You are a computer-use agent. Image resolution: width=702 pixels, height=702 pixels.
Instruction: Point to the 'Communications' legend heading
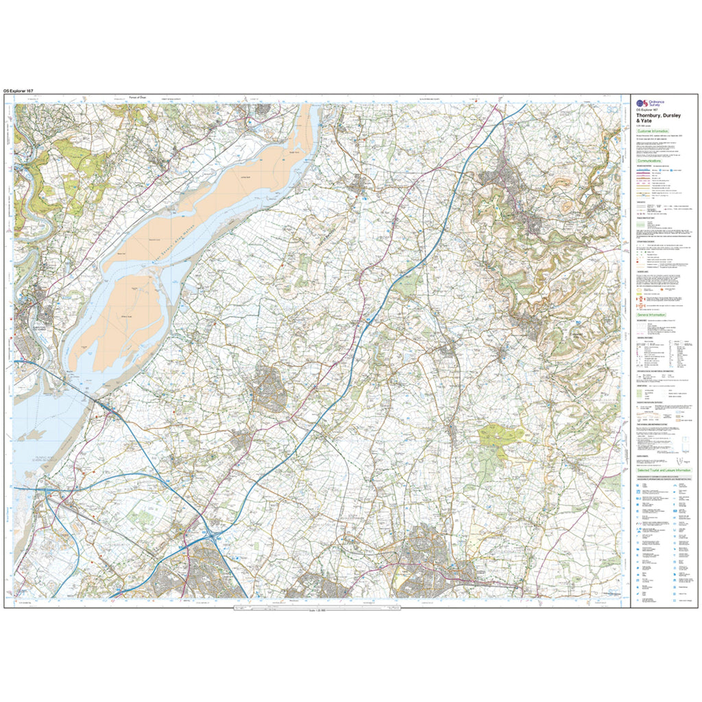click(x=651, y=162)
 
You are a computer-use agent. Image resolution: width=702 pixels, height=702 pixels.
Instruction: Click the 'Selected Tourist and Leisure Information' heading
click(x=664, y=471)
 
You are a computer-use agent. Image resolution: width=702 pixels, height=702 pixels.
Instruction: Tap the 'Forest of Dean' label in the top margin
click(x=138, y=97)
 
